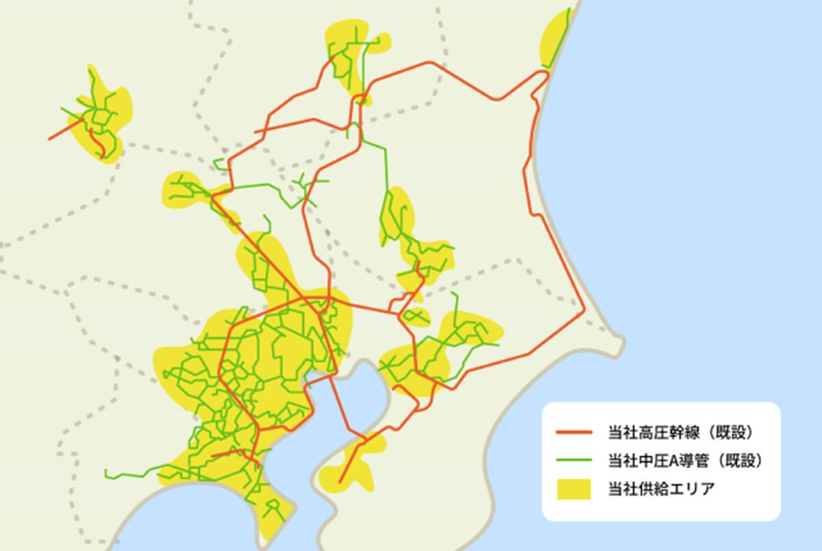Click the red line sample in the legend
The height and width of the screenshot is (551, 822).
pos(573,433)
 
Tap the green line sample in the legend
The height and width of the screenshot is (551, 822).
pos(573,461)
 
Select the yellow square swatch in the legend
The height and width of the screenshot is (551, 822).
pos(573,489)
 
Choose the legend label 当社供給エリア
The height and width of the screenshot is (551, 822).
pos(651,489)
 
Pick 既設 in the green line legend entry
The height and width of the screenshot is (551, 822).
pos(743,461)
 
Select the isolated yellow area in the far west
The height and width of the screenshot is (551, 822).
pos(103,120)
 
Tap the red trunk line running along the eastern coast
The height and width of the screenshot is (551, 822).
pos(532,171)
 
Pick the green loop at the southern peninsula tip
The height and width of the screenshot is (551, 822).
pos(274,507)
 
